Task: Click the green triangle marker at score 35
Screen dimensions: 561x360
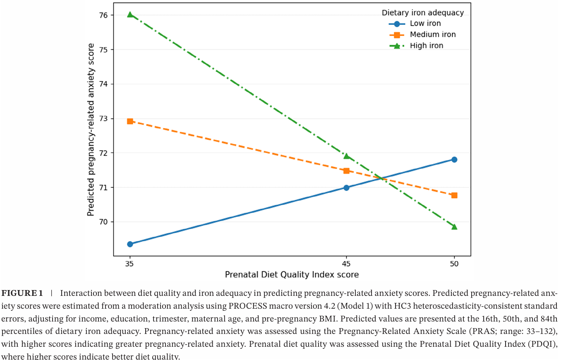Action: [130, 15]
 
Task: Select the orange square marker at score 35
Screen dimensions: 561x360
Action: [130, 122]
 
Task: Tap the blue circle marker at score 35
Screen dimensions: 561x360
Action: [130, 244]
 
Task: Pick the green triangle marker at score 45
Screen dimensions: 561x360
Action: [347, 156]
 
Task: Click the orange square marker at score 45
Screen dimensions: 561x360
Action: [347, 171]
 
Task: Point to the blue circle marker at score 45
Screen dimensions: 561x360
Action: [347, 187]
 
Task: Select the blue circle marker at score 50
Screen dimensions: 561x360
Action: [454, 160]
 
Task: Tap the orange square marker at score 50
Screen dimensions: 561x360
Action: [454, 195]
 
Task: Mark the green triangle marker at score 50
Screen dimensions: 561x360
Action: [454, 227]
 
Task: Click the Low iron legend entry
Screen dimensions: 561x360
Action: [415, 24]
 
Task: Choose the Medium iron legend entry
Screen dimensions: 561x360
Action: [422, 35]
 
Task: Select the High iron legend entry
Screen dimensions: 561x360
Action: [416, 46]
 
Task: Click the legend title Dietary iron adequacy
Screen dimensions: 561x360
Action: [423, 12]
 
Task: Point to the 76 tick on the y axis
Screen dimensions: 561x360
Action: [103, 15]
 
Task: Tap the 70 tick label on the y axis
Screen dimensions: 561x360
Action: [103, 222]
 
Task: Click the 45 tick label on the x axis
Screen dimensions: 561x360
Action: [346, 264]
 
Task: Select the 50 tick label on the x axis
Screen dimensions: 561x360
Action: [454, 264]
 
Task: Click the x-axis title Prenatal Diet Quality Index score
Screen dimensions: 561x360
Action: [292, 275]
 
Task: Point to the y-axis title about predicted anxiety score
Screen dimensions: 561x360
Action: [91, 130]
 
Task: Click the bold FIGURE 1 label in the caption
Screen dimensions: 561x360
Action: [22, 293]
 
